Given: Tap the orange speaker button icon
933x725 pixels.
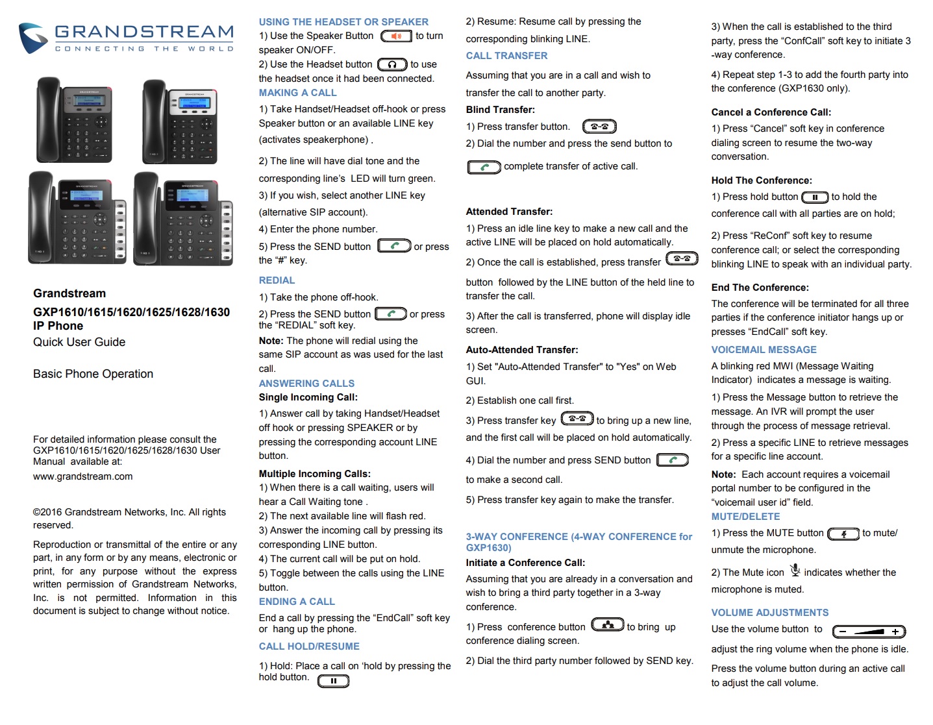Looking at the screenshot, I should pos(396,36).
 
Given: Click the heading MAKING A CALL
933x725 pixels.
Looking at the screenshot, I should pos(297,93).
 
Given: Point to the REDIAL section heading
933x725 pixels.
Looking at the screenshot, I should pos(277,280).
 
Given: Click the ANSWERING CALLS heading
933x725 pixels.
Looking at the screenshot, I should pos(306,384).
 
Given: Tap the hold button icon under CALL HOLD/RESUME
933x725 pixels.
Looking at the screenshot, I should pos(333,681).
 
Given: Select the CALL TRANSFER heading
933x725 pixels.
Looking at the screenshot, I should pos(506,56).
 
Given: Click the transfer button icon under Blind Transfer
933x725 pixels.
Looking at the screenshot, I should pos(599,127).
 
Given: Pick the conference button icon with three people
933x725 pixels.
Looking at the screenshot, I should pos(607,625).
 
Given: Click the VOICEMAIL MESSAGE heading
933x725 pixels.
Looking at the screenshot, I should pos(764,350).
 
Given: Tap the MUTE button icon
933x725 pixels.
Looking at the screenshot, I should pos(843,534).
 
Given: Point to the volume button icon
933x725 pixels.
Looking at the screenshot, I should pos(869,632).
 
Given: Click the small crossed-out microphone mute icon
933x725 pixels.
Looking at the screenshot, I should pos(795,571).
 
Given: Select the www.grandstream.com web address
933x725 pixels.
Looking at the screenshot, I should pos(83,476).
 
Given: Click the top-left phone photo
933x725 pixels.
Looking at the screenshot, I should pos(73,120).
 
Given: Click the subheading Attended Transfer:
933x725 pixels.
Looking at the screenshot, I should pos(509,212).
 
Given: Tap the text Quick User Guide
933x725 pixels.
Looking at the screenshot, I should pos(79,342).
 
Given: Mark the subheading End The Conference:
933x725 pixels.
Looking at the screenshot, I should pos(760,288).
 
